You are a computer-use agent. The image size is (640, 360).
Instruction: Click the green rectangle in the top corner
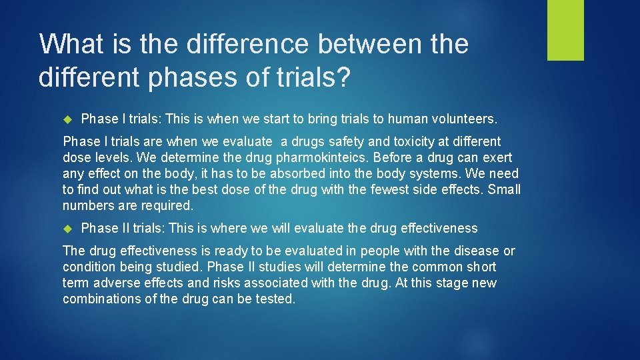pyautogui.click(x=565, y=30)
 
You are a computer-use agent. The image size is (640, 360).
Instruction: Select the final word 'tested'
pyautogui.click(x=275, y=299)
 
